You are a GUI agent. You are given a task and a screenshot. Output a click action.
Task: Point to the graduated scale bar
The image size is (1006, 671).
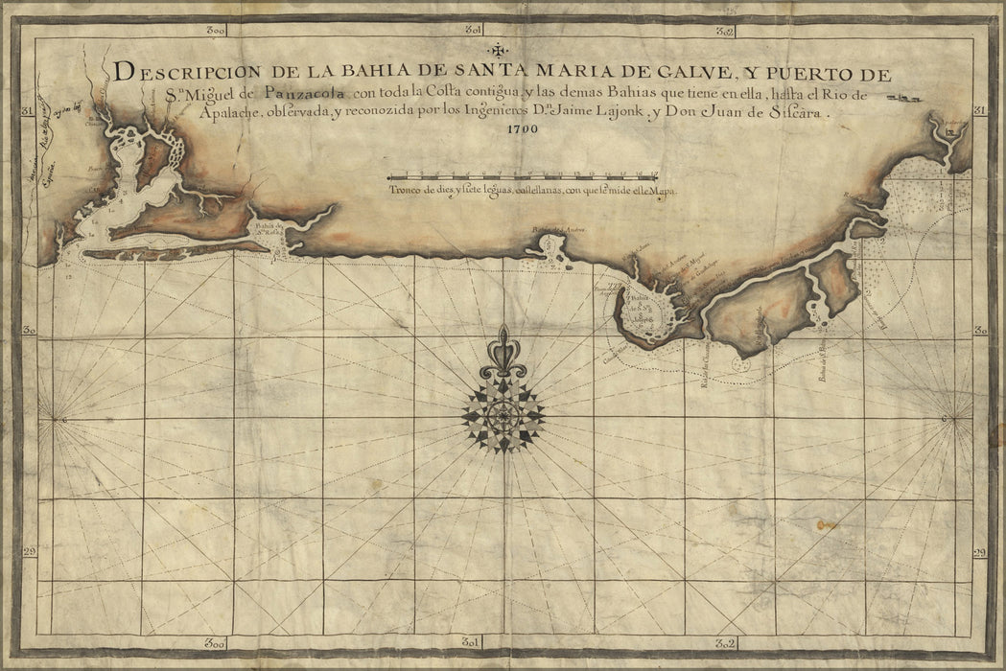[x=522, y=176]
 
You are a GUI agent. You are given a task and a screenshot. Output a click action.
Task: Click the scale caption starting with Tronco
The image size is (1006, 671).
[x=532, y=192]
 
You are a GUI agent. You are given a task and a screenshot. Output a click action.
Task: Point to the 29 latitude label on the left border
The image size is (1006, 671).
[x=28, y=552]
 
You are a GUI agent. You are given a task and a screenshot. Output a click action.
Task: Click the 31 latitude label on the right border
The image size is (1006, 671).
[x=979, y=110]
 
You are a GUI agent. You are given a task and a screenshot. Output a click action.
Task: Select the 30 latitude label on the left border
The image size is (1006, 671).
[x=28, y=331]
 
